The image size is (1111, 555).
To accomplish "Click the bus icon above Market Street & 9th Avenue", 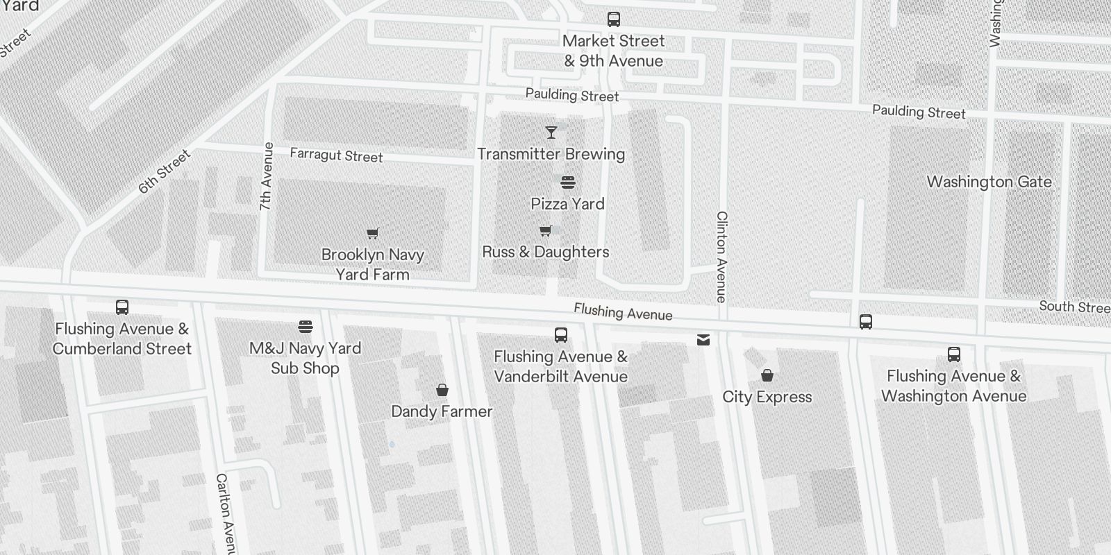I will tap(613, 19).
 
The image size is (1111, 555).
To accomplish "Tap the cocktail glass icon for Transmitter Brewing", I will tap(551, 132).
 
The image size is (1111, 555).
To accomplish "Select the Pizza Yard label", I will tap(567, 204).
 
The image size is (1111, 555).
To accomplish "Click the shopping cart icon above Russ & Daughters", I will tap(546, 230).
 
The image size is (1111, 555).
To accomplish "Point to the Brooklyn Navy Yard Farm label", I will tap(373, 264).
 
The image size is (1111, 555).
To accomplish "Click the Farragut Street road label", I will tap(336, 155).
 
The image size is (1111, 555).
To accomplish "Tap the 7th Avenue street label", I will tap(267, 176).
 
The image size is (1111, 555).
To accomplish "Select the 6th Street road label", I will tap(164, 171).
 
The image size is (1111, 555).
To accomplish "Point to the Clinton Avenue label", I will tap(722, 257).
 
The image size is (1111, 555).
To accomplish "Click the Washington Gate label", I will tap(989, 182).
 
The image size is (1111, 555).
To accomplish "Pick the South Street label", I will tap(1074, 307).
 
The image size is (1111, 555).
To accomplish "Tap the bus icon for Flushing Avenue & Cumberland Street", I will tap(122, 307).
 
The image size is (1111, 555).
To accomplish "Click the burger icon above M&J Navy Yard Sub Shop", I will tap(306, 326).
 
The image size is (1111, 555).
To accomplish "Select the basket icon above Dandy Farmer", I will tap(442, 390).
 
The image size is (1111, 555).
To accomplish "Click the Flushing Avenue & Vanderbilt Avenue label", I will tap(560, 366).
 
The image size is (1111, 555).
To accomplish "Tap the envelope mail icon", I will tap(703, 339).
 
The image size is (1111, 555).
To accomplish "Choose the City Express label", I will tap(767, 397).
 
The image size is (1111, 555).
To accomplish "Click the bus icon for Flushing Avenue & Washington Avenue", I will tap(954, 355).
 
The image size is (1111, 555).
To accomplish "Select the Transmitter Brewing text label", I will tap(551, 154).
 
